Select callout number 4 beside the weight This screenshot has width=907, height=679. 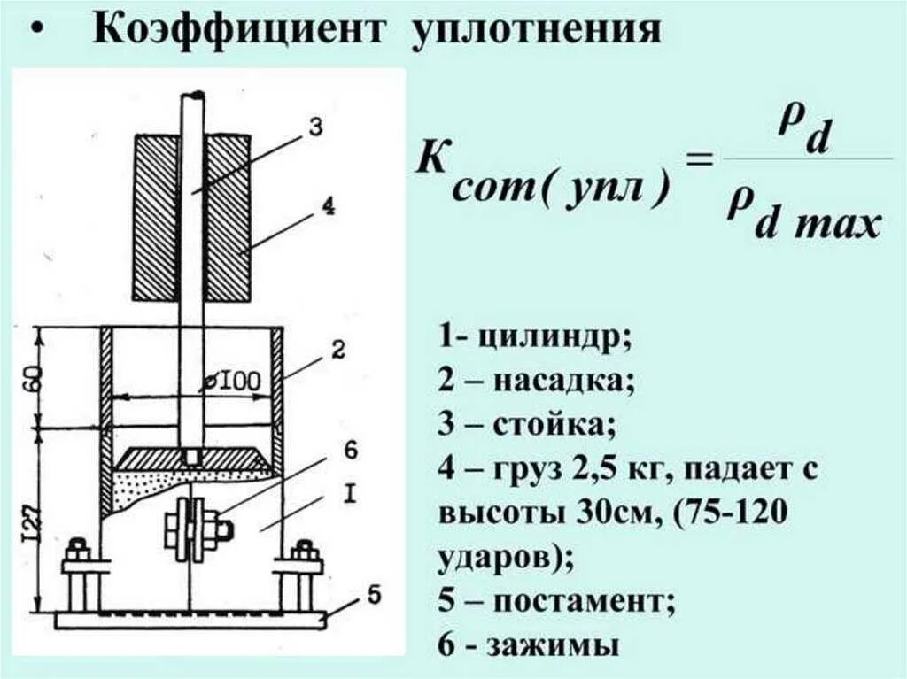(328, 206)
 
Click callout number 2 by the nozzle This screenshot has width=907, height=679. (337, 348)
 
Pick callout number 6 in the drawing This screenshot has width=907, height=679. (350, 451)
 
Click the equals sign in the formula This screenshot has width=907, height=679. (699, 161)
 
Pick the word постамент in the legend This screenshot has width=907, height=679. (585, 602)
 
